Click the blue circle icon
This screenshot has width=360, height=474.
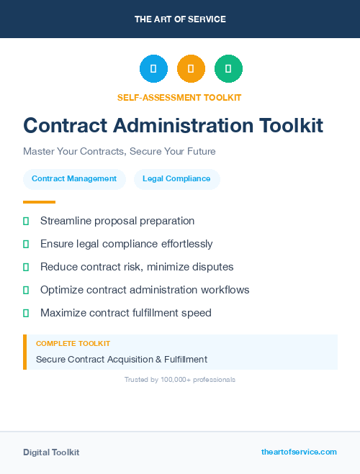click(x=153, y=69)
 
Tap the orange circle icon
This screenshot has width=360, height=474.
click(x=191, y=69)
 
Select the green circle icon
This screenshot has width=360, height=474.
click(x=228, y=69)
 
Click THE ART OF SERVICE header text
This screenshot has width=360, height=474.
click(x=180, y=19)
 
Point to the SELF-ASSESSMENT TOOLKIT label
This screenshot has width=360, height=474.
click(x=179, y=97)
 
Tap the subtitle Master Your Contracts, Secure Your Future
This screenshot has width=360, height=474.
click(x=120, y=152)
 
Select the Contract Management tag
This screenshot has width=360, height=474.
click(x=74, y=179)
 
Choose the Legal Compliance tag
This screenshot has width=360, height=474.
click(x=176, y=179)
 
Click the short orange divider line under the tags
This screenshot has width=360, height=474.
click(x=39, y=202)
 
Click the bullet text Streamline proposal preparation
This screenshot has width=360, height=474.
click(x=117, y=221)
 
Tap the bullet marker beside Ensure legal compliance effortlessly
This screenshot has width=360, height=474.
click(x=26, y=244)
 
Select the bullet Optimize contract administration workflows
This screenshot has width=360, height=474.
click(x=145, y=290)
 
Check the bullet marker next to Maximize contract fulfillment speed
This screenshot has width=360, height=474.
click(x=26, y=313)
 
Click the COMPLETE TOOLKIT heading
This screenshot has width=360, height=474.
click(x=73, y=344)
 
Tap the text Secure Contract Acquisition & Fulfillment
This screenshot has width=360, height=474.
click(x=122, y=359)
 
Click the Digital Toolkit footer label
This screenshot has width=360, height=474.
click(x=51, y=452)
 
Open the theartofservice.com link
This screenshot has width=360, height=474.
click(x=299, y=452)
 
